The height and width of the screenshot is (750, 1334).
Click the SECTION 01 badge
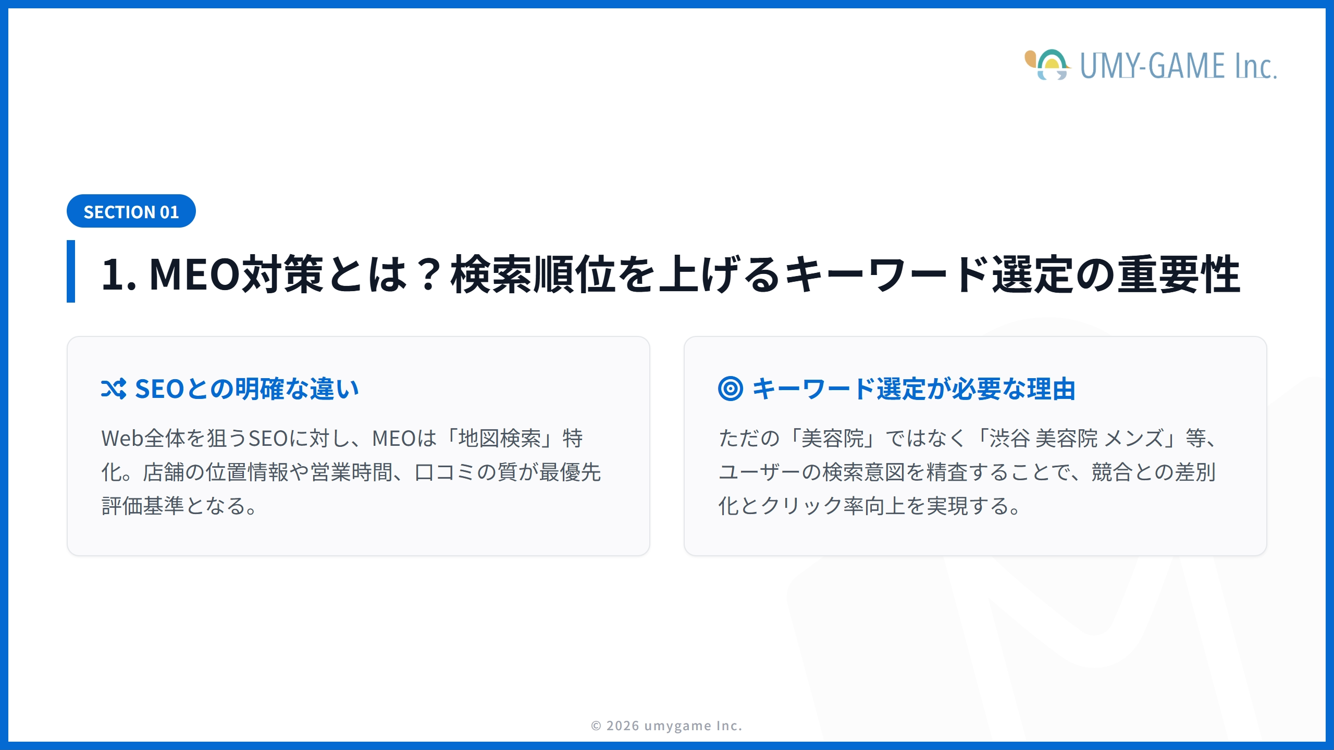pos(131,211)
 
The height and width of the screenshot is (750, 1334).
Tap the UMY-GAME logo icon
pos(1047,65)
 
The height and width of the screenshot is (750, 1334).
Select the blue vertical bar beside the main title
pos(71,271)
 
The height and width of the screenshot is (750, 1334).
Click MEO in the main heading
pos(194,274)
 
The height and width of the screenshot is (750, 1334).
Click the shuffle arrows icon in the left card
pos(114,389)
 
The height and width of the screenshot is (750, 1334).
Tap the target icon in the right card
pos(730,389)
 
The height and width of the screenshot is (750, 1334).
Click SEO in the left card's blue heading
pos(159,389)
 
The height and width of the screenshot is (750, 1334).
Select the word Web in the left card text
pos(122,439)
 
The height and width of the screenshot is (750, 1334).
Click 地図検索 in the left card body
pos(499,439)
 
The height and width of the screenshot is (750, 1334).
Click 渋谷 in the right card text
pos(1009,439)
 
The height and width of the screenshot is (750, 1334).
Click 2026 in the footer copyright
pos(623,726)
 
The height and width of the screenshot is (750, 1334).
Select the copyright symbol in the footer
pos(596,726)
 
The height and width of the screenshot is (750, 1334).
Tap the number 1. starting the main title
pos(118,274)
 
